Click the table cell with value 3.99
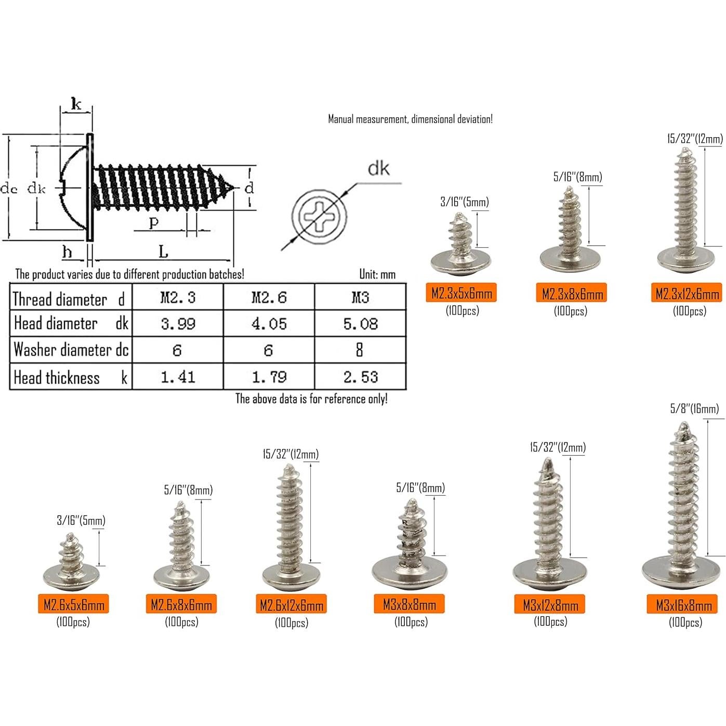(x=178, y=324)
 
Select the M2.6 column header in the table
(x=269, y=297)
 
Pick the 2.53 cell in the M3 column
(x=360, y=377)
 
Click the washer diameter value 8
(x=359, y=350)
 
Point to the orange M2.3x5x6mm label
(x=461, y=294)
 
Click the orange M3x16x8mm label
(x=683, y=605)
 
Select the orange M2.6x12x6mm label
(x=291, y=605)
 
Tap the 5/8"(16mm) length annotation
(x=694, y=409)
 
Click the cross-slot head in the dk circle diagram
(x=319, y=214)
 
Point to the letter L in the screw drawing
(x=163, y=253)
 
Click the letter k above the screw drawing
(x=76, y=104)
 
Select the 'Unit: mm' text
(x=377, y=274)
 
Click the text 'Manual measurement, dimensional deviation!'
(x=410, y=119)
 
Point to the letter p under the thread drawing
(x=153, y=223)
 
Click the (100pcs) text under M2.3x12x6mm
(x=689, y=311)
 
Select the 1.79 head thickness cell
(x=269, y=377)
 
